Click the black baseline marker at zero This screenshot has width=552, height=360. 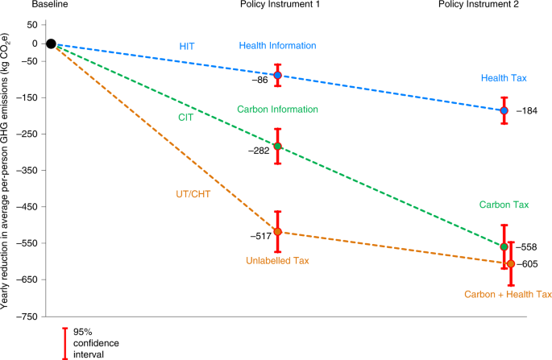51,43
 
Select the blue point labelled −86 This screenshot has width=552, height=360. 278,75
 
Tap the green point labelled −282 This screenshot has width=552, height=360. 278,147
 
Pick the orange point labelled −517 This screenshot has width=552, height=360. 278,232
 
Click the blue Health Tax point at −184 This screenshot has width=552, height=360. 504,110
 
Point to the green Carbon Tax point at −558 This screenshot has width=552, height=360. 504,246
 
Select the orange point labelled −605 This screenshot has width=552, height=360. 510,263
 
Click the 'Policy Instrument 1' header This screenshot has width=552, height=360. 278,6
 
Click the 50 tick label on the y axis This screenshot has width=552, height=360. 32,25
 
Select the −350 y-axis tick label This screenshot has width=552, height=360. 27,171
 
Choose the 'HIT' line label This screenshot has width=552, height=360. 187,46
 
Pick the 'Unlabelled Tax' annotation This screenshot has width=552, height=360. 278,259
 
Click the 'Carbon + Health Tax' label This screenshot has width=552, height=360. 508,295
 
